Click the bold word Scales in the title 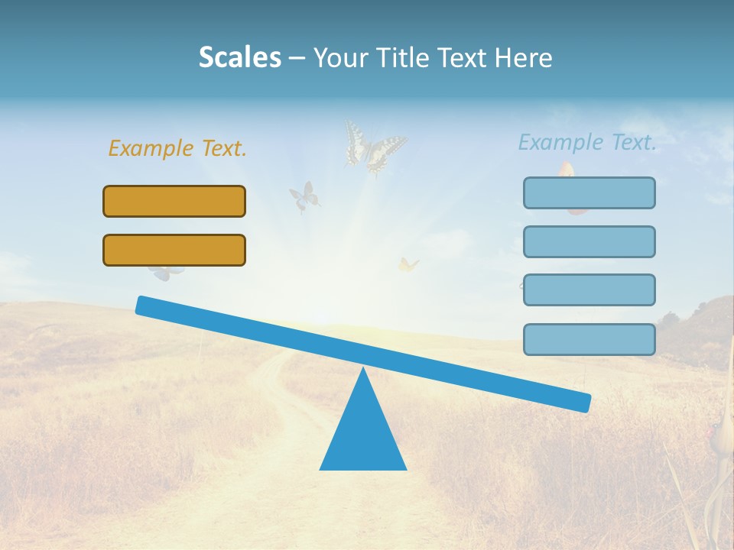(239, 58)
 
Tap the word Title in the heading (406, 58)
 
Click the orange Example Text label (177, 148)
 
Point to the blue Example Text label (587, 142)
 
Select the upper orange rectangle (174, 201)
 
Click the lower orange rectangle (174, 250)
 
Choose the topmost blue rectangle (589, 192)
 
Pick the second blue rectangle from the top (589, 241)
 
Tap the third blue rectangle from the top (589, 290)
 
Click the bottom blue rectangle (589, 339)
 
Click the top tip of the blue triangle (363, 371)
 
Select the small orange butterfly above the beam (408, 265)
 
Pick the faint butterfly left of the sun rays (304, 196)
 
